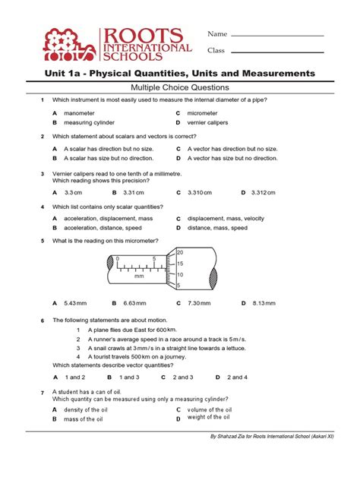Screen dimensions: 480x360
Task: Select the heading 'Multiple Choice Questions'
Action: (x=180, y=87)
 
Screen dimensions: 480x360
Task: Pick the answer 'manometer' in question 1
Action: (x=80, y=113)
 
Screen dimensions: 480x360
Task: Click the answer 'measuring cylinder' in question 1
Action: (x=88, y=122)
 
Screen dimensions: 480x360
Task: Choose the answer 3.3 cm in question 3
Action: (x=73, y=193)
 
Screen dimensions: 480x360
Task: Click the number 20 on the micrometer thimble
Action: (x=180, y=252)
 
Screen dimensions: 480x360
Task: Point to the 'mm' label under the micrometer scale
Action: (x=139, y=277)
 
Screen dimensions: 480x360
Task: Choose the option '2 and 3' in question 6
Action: (x=183, y=377)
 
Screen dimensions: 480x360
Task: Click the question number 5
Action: (x=43, y=241)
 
